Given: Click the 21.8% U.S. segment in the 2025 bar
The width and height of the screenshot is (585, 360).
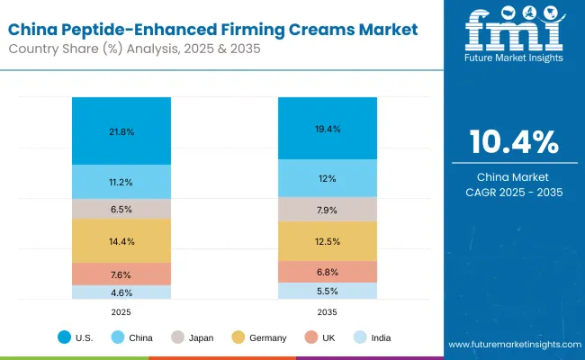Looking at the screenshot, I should click(121, 131).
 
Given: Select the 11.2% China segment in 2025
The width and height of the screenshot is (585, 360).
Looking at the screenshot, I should click(121, 182).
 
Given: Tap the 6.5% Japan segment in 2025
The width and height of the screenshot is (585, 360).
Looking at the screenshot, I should click(121, 208).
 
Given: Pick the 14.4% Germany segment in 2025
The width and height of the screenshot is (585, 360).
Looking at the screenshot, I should click(121, 240).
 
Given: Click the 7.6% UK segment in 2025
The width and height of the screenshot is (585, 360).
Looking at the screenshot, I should click(121, 274).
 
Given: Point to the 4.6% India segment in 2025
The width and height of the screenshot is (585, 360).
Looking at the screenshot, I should click(121, 292).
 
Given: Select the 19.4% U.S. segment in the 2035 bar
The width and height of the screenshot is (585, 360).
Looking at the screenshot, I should click(327, 129).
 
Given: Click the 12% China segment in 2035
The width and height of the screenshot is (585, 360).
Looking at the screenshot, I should click(327, 178).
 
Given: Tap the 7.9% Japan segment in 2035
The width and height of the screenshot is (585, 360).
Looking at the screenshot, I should click(327, 209).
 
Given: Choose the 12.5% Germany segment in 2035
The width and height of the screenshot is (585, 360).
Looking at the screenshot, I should click(327, 240).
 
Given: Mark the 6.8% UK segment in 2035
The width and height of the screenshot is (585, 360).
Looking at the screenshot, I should click(327, 272).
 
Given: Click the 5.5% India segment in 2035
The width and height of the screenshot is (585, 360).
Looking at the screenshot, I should click(327, 291).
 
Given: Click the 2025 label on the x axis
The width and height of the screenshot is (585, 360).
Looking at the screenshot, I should click(121, 310).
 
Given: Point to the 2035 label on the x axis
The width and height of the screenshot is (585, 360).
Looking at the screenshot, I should click(327, 310).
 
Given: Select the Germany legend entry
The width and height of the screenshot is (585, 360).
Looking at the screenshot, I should click(261, 337).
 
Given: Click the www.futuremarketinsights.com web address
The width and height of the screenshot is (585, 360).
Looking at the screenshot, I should click(510, 345).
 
